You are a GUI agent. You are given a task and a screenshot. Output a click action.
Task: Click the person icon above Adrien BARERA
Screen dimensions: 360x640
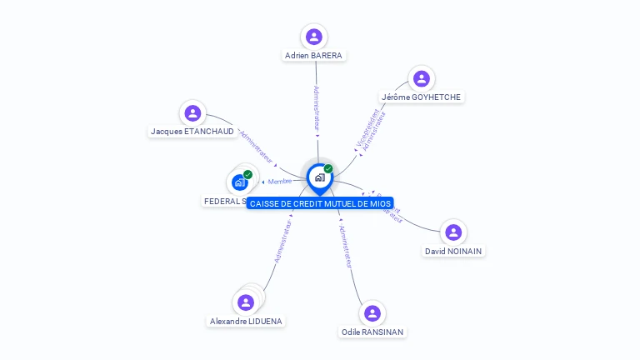coord(313,36)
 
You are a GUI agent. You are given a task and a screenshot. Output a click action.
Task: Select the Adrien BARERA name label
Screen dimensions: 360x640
coord(313,56)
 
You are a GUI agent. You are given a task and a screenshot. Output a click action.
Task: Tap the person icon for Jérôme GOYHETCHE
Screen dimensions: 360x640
coord(421,78)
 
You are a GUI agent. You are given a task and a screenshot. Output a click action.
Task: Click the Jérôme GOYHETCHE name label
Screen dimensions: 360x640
coord(421,97)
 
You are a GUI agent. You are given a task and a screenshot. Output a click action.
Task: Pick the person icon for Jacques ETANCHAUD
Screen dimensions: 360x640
coord(192,112)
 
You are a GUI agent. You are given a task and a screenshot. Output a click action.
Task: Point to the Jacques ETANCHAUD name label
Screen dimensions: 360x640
coord(192,132)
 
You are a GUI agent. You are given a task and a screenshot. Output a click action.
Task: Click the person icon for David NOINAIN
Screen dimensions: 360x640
coord(452,232)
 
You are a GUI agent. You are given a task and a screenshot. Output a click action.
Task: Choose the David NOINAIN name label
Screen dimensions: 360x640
coord(452,251)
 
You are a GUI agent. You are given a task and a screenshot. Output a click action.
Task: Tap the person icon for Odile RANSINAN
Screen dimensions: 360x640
coord(372,312)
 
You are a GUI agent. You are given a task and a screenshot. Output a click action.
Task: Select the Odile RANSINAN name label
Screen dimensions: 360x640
coord(372,332)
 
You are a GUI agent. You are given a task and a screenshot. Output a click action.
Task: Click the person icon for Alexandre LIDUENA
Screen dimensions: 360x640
coord(245,302)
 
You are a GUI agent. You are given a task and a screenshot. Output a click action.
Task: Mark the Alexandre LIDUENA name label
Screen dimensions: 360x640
coord(246,321)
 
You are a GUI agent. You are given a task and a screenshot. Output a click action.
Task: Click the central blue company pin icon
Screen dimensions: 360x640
coord(319,177)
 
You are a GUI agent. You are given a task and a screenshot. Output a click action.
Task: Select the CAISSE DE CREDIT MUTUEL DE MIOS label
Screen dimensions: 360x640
coord(319,203)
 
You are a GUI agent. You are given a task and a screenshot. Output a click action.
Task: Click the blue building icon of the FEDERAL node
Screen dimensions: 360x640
coord(240,182)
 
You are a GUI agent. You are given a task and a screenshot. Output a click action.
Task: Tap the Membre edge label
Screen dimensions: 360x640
coord(280,182)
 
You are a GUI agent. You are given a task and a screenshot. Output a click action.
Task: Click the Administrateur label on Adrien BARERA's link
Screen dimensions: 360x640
coord(317,107)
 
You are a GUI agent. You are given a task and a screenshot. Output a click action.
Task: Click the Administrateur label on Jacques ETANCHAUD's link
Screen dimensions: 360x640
coord(256,145)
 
